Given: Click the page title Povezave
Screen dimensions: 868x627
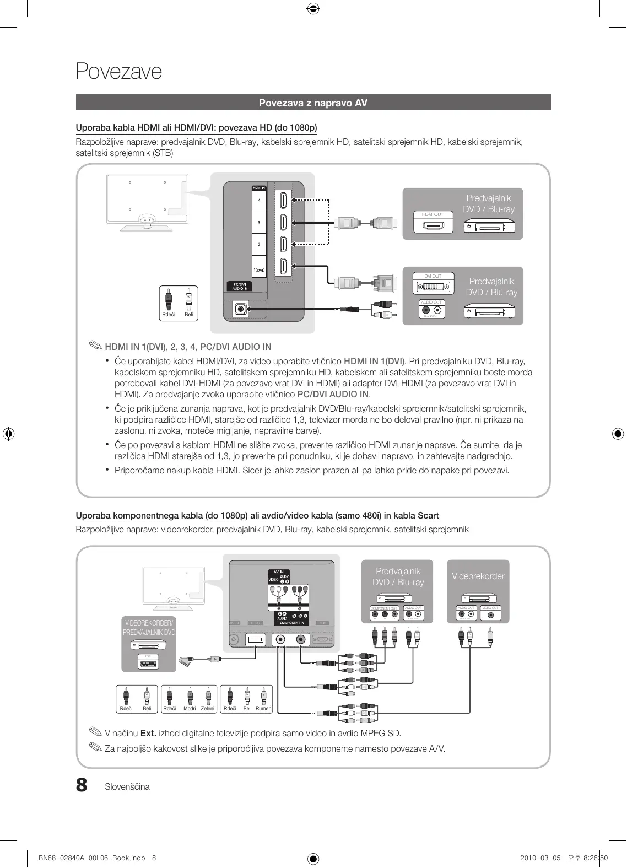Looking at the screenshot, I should tap(118, 72).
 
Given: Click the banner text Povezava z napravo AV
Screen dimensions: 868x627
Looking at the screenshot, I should tap(313, 103).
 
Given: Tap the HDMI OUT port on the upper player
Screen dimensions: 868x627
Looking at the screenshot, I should tap(433, 225).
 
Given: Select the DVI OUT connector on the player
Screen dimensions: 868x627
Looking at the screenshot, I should tap(434, 287).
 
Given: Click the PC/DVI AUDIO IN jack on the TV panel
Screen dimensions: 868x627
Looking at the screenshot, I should tap(240, 309).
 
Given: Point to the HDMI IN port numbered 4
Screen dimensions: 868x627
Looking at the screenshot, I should tap(283, 200).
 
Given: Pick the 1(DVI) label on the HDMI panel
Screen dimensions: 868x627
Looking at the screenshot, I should tap(259, 270).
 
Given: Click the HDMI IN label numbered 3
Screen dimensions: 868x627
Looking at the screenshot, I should tap(259, 223).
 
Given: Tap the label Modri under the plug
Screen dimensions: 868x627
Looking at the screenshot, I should tap(190, 709).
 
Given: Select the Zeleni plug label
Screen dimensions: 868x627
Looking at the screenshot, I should tap(208, 709).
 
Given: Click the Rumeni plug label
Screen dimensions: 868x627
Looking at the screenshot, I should tap(264, 709).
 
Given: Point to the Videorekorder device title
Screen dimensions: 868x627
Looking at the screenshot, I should tap(478, 576).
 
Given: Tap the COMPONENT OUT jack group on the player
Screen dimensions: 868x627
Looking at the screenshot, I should tap(384, 614).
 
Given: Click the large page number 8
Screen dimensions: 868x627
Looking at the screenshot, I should tap(82, 785).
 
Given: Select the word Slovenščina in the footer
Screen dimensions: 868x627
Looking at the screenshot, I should tap(127, 787).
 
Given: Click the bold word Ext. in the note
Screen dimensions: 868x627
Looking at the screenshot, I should tap(148, 734).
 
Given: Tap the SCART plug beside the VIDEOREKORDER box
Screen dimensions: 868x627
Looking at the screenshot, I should tap(187, 659).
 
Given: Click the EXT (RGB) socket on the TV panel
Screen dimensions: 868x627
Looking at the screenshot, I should tap(256, 640).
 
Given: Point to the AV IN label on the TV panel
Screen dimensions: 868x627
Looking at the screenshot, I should tap(278, 572).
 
